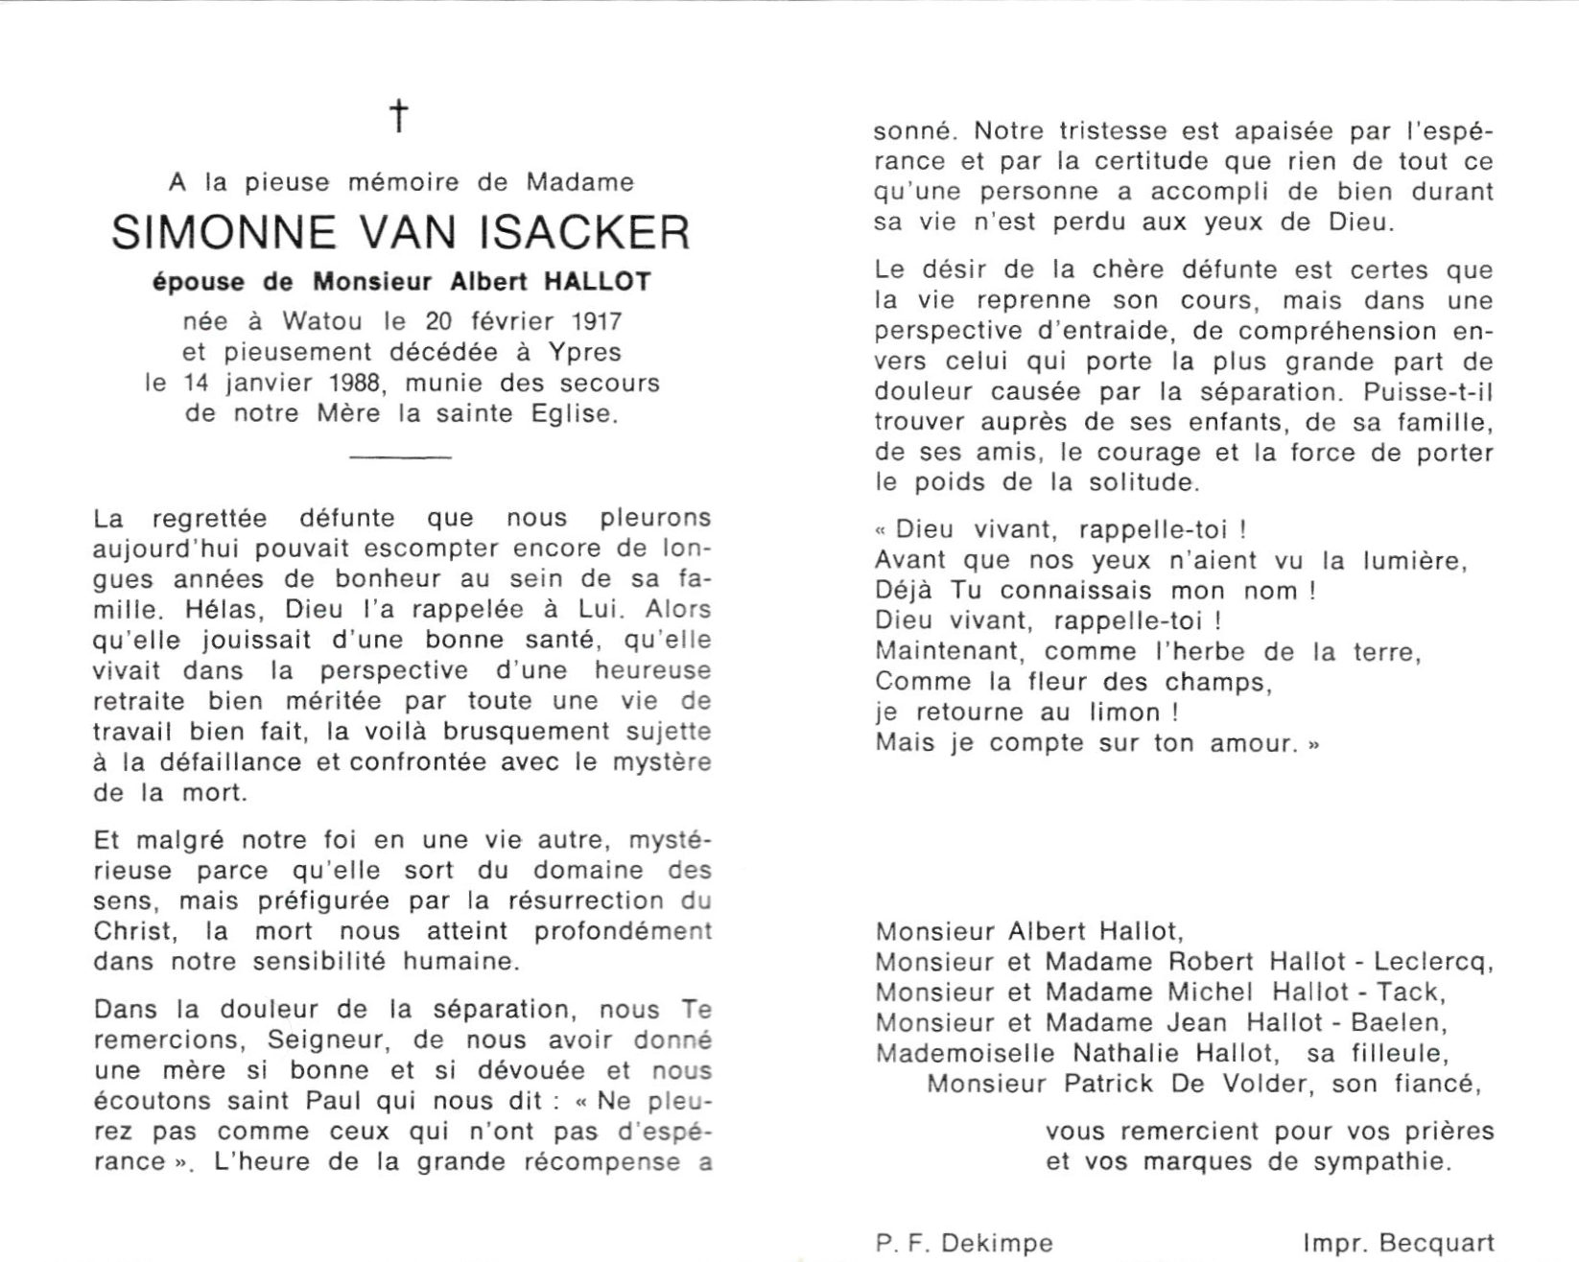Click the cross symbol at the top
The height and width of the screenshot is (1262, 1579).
pos(398,116)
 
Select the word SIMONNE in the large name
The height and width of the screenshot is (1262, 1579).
pos(224,233)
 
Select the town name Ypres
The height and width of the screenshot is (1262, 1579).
pos(587,352)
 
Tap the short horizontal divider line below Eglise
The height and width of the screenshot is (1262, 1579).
pos(400,457)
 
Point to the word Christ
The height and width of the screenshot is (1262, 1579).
pos(134,931)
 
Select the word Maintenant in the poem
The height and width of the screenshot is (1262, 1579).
pos(952,651)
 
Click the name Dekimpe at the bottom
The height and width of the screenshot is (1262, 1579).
pos(999,1243)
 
